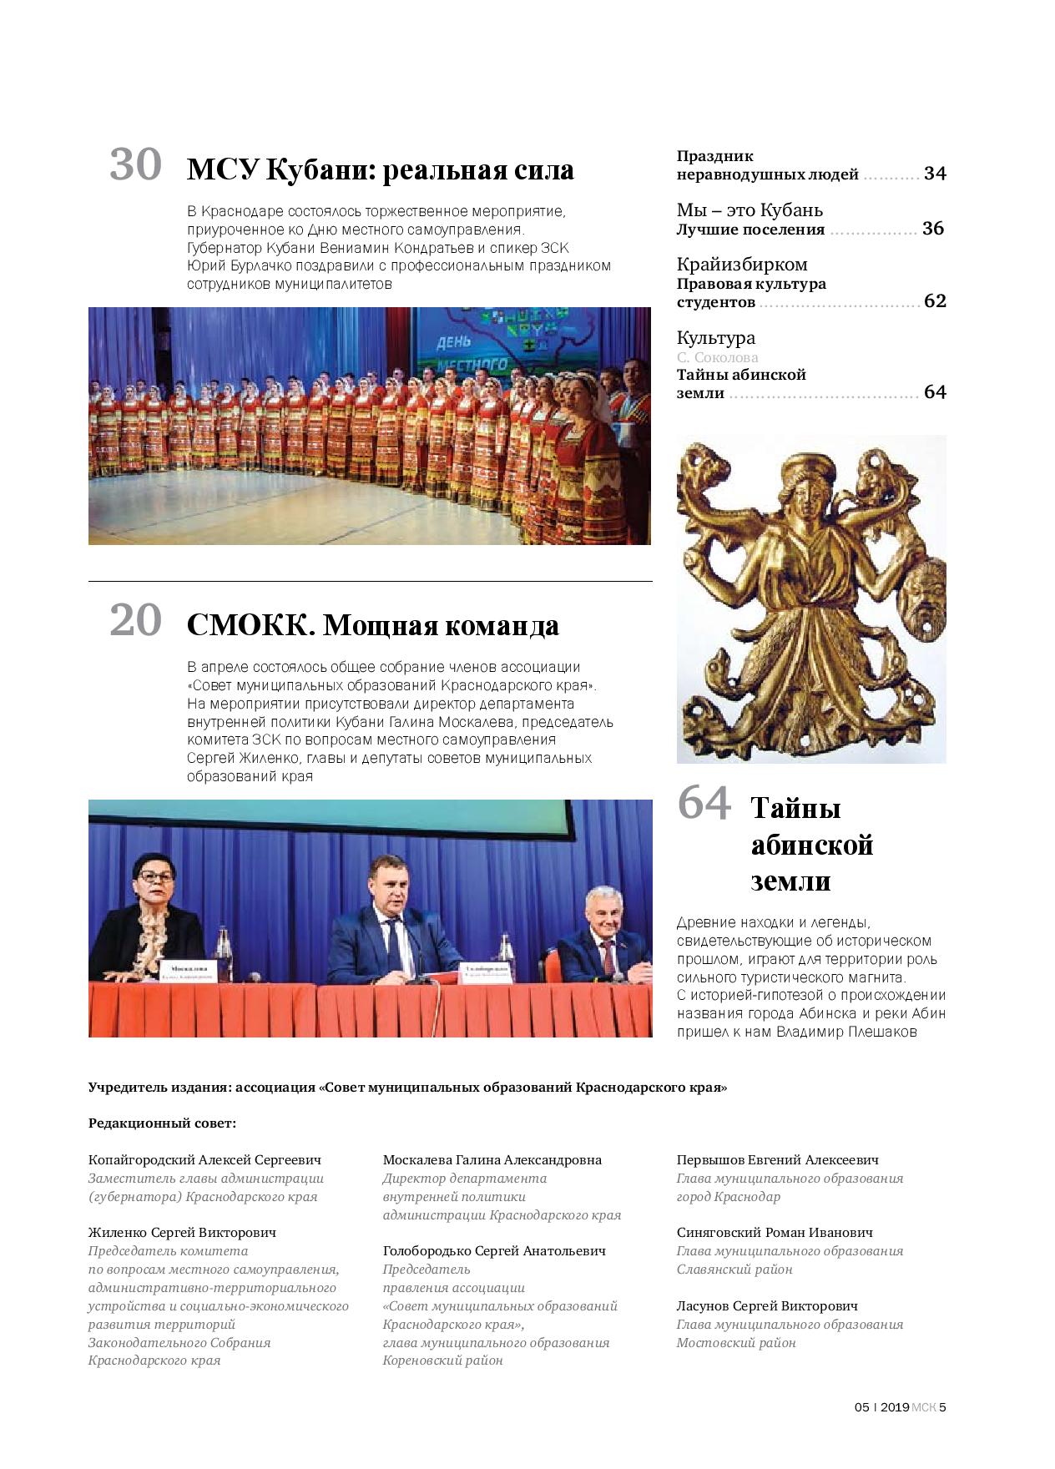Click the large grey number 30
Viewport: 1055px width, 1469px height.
[x=135, y=164]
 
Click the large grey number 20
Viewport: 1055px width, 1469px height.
[x=135, y=620]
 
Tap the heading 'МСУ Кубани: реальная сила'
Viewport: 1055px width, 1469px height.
[x=380, y=170]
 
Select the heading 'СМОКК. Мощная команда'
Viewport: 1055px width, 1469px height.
[x=372, y=625]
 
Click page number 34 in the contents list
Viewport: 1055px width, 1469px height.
[x=935, y=174]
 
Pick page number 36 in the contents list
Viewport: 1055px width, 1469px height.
[x=933, y=229]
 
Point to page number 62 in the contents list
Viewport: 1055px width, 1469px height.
[x=935, y=302]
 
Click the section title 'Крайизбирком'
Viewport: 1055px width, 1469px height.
[x=741, y=265]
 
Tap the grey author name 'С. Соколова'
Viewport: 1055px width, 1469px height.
[x=717, y=357]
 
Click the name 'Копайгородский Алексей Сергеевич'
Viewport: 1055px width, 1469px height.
[x=204, y=1160]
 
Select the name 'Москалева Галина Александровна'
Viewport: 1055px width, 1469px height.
[x=492, y=1160]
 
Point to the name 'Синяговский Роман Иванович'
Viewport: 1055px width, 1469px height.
[x=775, y=1233]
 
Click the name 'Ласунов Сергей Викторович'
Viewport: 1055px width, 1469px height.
[x=767, y=1306]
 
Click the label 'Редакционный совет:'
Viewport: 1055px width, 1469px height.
[x=162, y=1123]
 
